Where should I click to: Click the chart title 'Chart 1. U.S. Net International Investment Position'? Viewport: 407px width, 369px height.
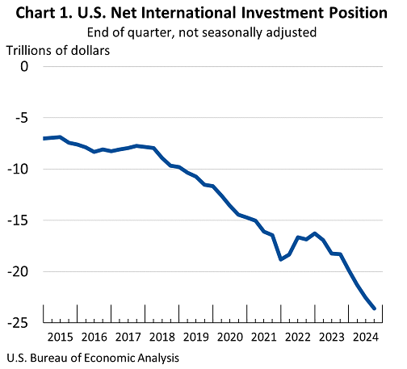pos(201,13)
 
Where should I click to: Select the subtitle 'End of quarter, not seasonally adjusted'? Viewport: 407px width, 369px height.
pos(202,33)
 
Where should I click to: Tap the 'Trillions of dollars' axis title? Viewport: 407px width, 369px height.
pos(58,51)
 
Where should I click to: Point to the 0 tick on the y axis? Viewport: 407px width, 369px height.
pos(24,66)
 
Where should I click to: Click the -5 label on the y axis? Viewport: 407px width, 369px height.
pos(21,118)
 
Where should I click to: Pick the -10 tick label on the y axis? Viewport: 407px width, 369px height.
pos(18,170)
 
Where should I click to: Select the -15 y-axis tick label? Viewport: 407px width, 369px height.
pos(18,220)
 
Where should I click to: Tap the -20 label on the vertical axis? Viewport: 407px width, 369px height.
pos(18,272)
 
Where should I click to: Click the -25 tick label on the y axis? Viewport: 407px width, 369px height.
pos(18,323)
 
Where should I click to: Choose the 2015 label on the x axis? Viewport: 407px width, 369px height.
pos(61,338)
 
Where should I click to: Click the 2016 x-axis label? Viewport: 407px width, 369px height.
pos(94,338)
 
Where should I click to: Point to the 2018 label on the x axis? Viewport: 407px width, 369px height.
pos(162,338)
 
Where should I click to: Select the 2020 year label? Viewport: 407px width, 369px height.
pos(230,338)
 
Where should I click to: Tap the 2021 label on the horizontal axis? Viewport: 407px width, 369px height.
pos(264,338)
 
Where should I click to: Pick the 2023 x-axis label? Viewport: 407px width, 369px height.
pos(332,338)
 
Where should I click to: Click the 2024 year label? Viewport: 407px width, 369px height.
pos(366,338)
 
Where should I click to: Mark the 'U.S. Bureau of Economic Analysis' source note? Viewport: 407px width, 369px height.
pos(93,359)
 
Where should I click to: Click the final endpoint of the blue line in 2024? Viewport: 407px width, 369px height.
pos(374,308)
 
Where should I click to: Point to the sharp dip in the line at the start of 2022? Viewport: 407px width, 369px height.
pos(281,259)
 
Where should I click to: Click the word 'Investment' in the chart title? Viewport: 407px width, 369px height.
pos(275,13)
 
